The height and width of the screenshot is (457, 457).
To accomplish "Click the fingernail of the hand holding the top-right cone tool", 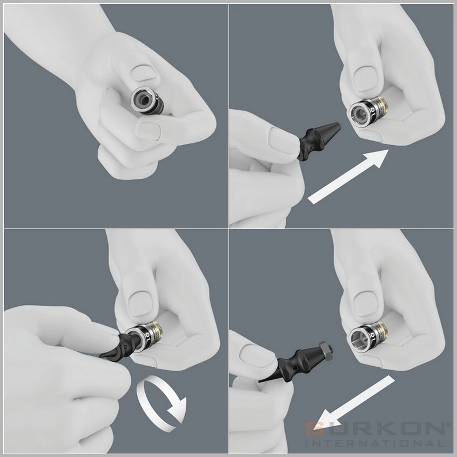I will point(280,140).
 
